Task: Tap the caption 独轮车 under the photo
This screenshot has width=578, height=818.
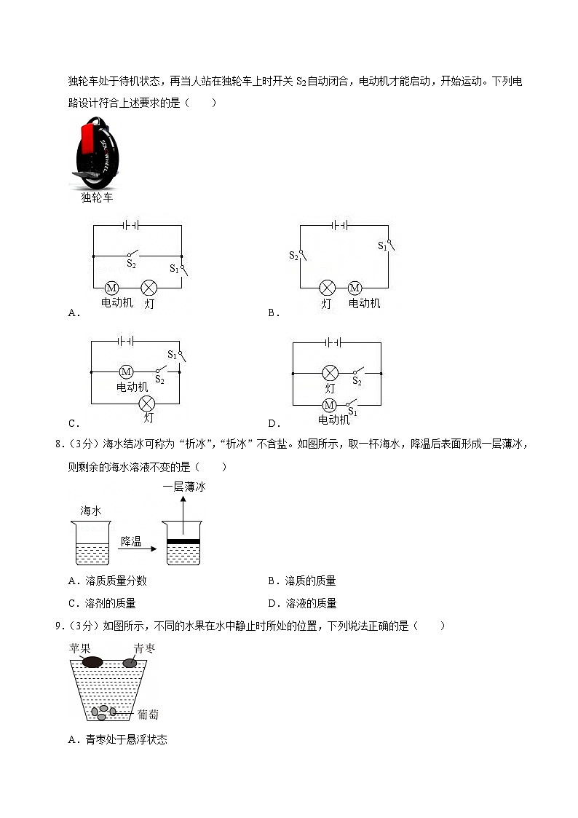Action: (x=97, y=197)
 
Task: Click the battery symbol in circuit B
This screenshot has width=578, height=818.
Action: (x=339, y=226)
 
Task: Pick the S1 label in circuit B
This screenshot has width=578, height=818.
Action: (x=382, y=246)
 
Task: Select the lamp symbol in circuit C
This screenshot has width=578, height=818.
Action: (x=148, y=403)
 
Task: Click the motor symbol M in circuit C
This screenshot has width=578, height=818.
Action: (x=126, y=371)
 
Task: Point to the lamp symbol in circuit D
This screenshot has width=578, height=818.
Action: (x=330, y=372)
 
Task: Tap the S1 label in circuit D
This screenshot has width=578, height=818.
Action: (x=353, y=412)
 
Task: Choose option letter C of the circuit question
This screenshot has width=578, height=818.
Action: (x=72, y=423)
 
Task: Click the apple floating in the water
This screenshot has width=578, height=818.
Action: (x=92, y=662)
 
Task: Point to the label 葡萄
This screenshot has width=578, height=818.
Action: (x=148, y=715)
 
